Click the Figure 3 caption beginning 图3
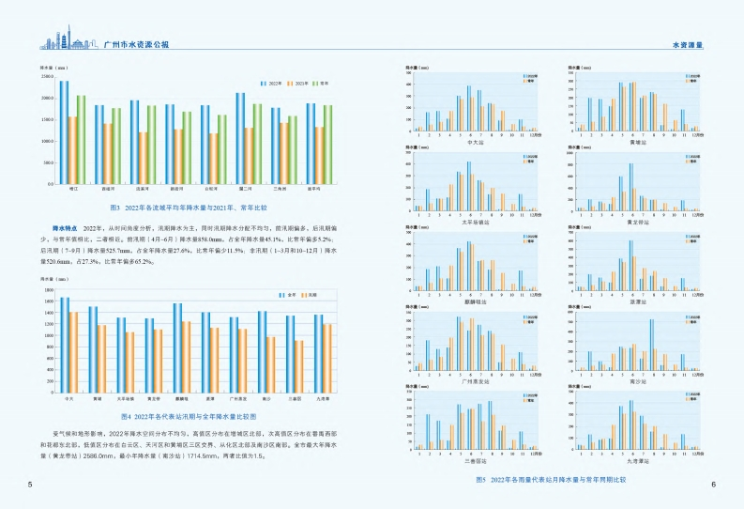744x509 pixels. click(x=189, y=207)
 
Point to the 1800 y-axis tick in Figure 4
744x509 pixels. click(x=49, y=289)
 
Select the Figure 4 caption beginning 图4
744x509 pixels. click(x=189, y=414)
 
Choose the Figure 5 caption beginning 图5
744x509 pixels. click(x=551, y=480)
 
